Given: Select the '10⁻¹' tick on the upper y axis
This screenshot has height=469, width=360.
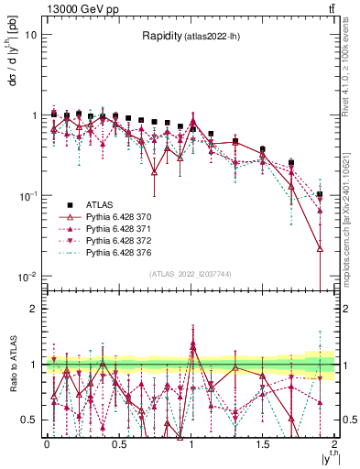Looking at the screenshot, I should pyautogui.click(x=27, y=196).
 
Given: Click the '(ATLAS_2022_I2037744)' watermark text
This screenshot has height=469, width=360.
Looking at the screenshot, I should pyautogui.click(x=191, y=274).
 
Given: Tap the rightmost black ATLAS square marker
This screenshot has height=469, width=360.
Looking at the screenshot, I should pyautogui.click(x=320, y=194).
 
